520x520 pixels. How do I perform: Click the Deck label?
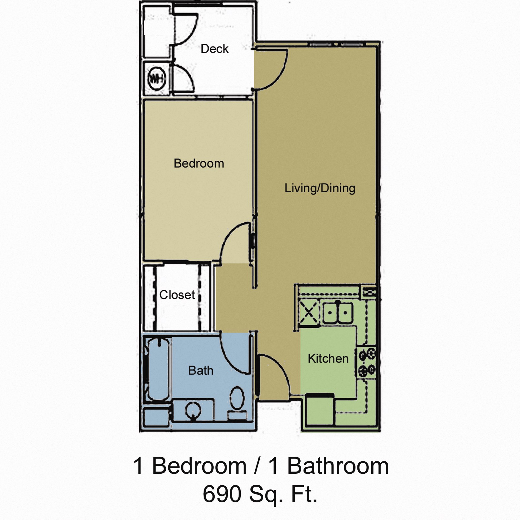214,49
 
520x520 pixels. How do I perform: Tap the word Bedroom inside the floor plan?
199,164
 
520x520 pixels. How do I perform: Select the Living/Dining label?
320,188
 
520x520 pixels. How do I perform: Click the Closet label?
177,295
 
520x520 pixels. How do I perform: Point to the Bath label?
201,371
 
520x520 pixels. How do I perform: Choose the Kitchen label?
328,359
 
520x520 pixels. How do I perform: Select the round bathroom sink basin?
193,411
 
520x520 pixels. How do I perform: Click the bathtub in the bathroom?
157,369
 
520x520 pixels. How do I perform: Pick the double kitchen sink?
338,313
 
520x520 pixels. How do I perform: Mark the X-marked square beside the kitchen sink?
308,313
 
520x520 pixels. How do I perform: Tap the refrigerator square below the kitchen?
320,410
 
